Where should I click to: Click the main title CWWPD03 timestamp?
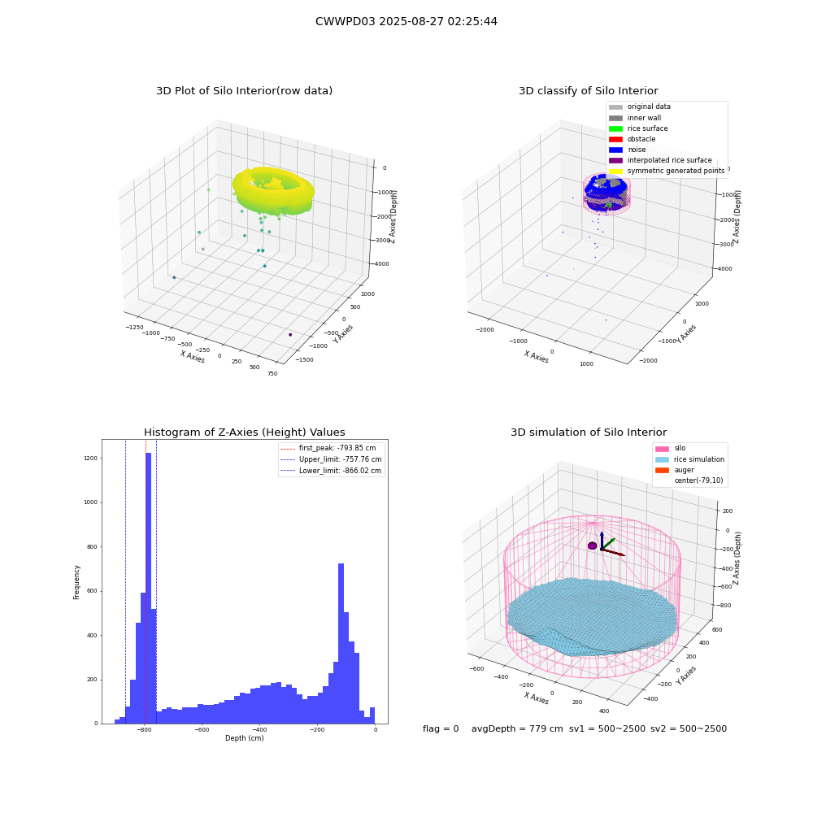point(406,22)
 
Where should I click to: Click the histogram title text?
point(244,433)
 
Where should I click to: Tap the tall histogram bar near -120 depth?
point(341,643)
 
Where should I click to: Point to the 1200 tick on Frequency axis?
point(91,459)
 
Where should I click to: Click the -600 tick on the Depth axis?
point(202,730)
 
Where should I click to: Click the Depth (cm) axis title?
point(245,738)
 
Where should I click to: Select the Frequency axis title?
point(76,582)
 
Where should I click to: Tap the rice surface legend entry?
point(638,128)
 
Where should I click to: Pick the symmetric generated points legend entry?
point(667,171)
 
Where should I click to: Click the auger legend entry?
point(675,470)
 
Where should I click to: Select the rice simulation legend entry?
point(689,459)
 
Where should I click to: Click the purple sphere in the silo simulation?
point(593,546)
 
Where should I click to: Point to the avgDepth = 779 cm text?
point(517,729)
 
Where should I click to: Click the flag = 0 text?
point(441,729)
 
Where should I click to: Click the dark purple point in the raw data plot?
point(290,335)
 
